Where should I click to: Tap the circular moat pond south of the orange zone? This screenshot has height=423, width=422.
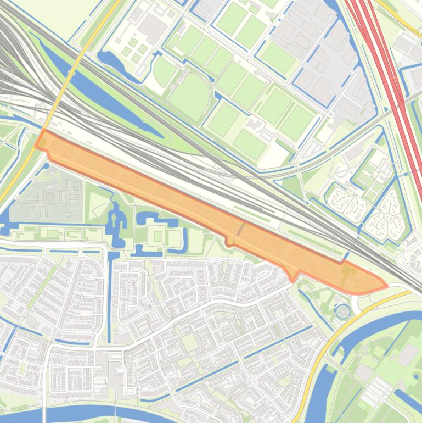(x=342, y=311)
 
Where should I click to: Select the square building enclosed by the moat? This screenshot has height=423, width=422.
(x=158, y=237)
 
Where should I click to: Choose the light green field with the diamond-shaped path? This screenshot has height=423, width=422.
(x=101, y=206)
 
